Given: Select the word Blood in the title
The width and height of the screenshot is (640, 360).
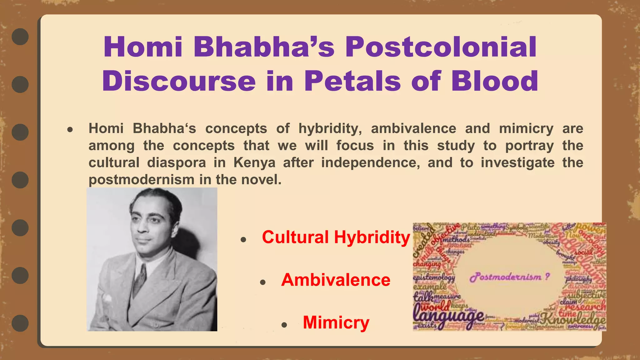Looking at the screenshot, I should [494, 81].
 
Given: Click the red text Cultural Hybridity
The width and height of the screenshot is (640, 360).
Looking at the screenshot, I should [336, 237].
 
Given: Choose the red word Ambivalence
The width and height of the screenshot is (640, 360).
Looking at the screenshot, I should [336, 280].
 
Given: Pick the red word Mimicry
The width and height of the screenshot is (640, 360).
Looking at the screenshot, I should [336, 322].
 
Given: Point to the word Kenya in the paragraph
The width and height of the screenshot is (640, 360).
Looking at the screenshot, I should [254, 163].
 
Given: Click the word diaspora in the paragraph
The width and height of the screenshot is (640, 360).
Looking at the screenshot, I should [177, 163].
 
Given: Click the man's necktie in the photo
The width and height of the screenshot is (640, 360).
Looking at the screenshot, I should [140, 278].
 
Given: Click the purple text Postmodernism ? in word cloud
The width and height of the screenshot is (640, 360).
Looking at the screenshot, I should [509, 277].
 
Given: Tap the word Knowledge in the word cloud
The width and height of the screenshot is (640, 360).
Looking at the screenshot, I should [573, 319].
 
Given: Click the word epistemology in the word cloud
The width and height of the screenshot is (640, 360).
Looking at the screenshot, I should [434, 277].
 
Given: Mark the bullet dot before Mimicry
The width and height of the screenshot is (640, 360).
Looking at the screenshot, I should [284, 325].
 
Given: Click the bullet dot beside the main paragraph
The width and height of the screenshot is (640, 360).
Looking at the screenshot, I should [70, 129].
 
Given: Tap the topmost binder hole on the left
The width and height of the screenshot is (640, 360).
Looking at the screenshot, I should [20, 37].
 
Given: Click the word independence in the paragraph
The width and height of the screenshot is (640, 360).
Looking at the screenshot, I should [370, 163].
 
